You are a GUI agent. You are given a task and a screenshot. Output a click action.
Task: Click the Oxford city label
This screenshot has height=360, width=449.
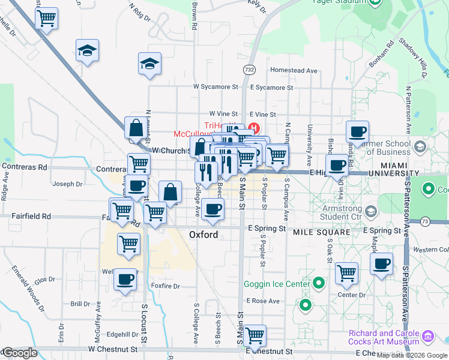coord(203,235)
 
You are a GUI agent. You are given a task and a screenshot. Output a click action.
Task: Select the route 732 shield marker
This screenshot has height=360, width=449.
coord(249,70)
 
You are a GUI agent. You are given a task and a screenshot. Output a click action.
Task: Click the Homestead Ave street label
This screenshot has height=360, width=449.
coord(294,70)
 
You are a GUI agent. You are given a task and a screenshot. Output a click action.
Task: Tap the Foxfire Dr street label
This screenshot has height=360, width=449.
coord(166,286)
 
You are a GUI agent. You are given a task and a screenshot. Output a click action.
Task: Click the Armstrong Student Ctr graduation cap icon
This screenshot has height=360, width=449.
coord(371,211)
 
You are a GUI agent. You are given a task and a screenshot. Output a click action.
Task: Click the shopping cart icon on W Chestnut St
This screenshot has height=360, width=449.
coord(255,334)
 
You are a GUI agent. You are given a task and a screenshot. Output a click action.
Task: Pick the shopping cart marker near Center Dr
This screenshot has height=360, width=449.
coord(347,273)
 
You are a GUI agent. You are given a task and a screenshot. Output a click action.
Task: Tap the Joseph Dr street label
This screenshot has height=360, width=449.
coord(67,184)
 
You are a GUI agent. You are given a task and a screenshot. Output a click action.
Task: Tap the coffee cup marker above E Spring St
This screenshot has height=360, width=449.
coord(213,209)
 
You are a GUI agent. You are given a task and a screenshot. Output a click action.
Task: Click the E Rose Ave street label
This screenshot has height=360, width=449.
coord(263,301)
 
